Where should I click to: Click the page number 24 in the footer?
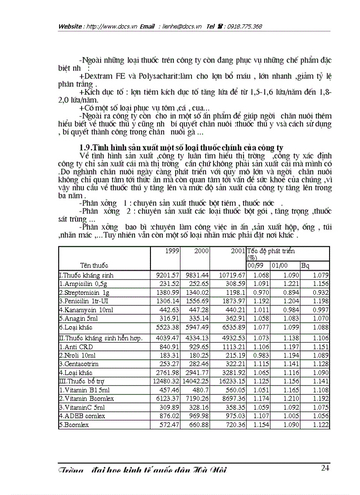(x=325, y=468)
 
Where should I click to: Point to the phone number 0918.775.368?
(x=244, y=26)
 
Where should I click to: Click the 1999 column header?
(x=172, y=251)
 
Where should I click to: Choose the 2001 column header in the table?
(x=237, y=251)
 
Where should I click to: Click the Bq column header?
(x=305, y=265)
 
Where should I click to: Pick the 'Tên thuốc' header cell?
(x=94, y=265)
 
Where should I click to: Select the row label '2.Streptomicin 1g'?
(x=84, y=292)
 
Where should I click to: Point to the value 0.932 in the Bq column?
(x=321, y=292)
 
